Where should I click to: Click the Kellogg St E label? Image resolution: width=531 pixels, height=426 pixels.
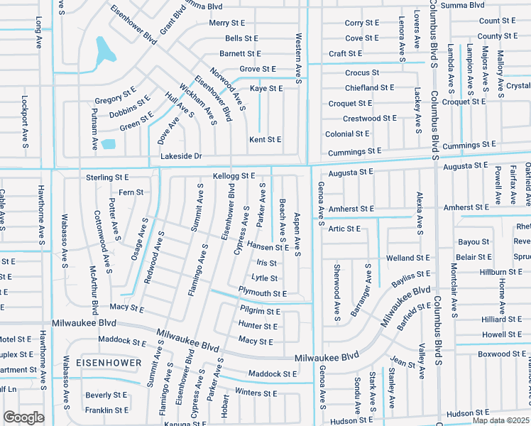pos(234,175)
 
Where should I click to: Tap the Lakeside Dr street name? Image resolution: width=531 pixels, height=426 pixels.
pos(181,156)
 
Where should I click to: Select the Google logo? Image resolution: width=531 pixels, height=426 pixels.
pos(23,417)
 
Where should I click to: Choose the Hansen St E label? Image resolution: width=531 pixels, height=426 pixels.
pos(268,248)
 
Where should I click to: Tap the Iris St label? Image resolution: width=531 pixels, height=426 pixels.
pos(266,263)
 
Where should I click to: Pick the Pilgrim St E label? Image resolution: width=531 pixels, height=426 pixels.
pos(260,312)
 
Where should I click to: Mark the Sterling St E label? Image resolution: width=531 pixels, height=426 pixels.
pos(107,177)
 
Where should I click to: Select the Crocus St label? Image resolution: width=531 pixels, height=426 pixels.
pos(362,73)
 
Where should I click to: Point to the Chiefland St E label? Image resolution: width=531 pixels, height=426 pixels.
pos(369,88)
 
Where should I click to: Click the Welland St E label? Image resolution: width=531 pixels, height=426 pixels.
pos(407,258)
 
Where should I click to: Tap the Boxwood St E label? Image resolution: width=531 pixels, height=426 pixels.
pos(500,354)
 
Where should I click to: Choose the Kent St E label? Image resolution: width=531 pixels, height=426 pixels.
pos(265,140)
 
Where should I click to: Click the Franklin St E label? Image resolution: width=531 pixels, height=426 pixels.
pos(106,410)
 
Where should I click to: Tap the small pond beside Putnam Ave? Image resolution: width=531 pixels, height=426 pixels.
pos(108,144)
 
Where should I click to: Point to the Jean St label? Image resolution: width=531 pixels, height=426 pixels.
pos(403,364)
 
